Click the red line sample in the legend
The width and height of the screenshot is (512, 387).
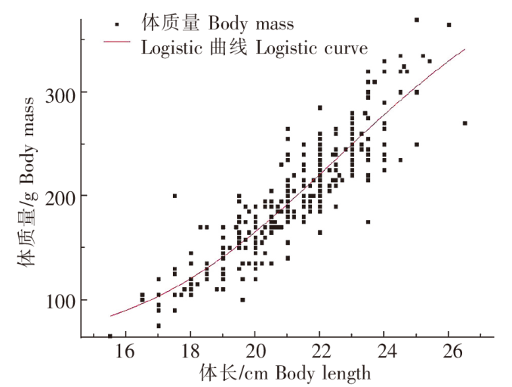pyautogui.click(x=117, y=48)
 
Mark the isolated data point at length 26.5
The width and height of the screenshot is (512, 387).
pyautogui.click(x=464, y=123)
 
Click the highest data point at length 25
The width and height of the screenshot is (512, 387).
pyautogui.click(x=416, y=20)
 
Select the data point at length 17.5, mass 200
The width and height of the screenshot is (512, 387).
pyautogui.click(x=174, y=196)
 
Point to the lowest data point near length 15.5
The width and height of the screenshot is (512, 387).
pyautogui.click(x=109, y=336)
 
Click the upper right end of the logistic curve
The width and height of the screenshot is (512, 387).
pyautogui.click(x=464, y=50)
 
